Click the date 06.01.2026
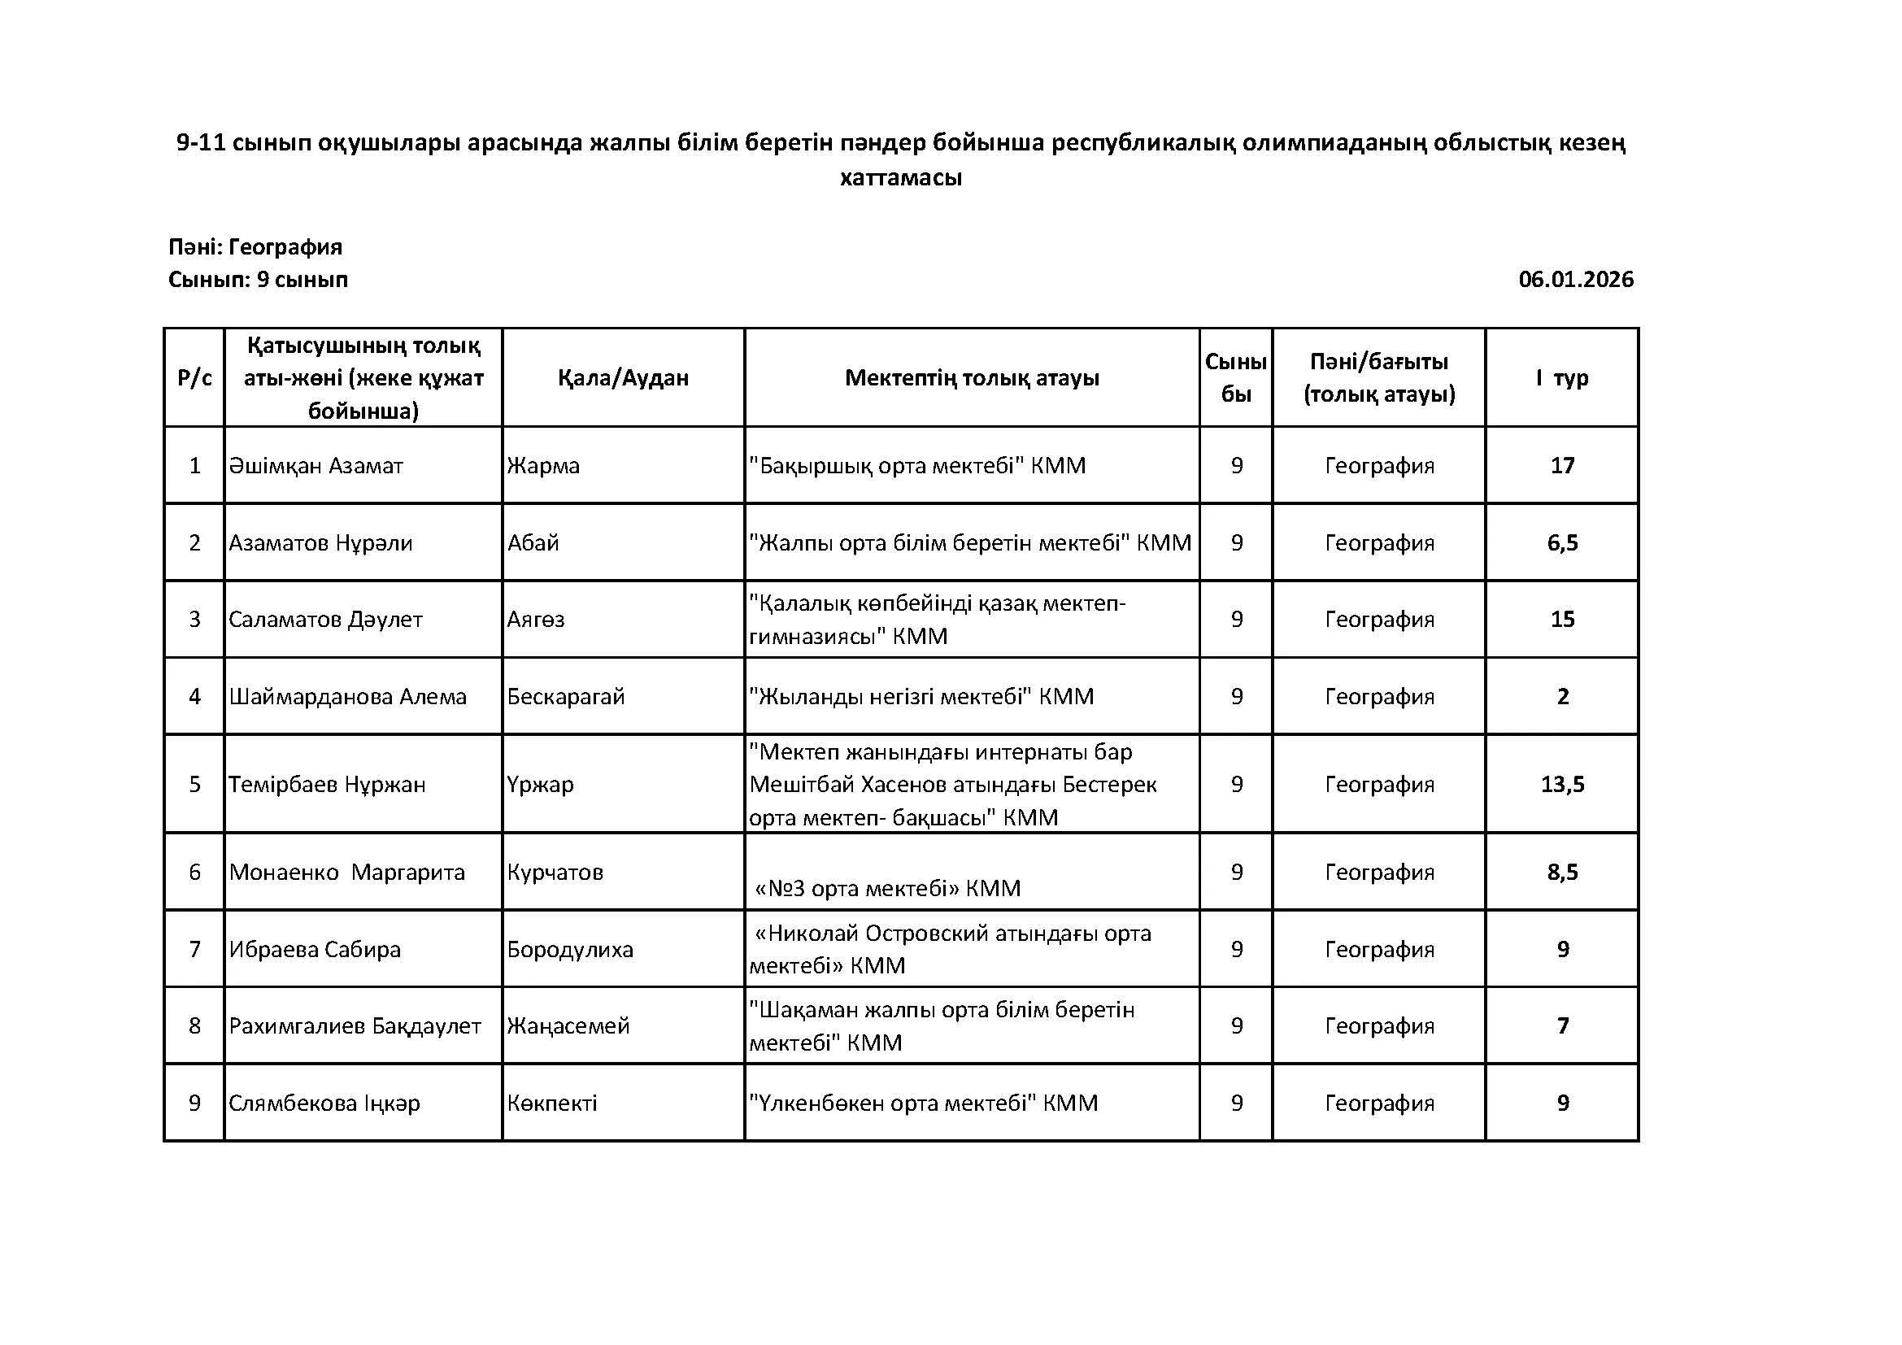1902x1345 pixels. pos(1575,280)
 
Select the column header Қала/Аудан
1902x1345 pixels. pos(623,378)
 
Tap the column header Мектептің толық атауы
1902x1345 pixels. pos(972,378)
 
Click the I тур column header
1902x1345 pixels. pos(1561,378)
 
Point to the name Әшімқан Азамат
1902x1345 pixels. pos(316,466)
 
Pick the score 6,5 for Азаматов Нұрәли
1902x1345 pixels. pos(1562,543)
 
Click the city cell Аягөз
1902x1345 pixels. pos(536,620)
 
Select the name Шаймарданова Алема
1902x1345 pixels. pos(348,697)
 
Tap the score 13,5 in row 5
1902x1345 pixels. pos(1562,784)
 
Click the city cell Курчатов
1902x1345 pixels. pos(555,872)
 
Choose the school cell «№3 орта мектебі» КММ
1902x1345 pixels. pos(888,889)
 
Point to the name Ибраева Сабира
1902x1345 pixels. pos(315,949)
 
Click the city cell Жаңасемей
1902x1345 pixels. pos(568,1026)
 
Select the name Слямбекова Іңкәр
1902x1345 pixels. pos(324,1103)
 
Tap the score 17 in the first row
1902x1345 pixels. pos(1562,466)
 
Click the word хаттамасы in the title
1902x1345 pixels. pos(900,178)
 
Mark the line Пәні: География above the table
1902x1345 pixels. pos(255,248)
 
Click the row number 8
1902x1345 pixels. pos(194,1026)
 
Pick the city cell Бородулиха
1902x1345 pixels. pos(570,949)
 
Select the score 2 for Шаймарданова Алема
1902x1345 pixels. pos(1562,697)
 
